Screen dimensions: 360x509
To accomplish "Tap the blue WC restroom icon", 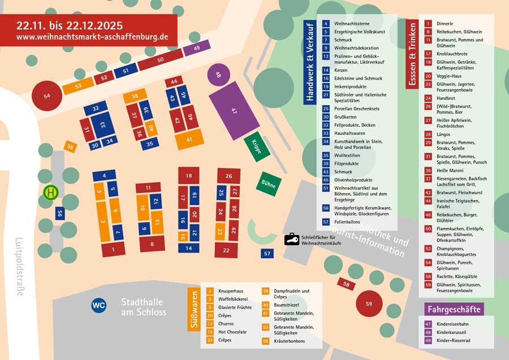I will click(x=98, y=306).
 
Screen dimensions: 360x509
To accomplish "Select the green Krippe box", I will click(x=256, y=148).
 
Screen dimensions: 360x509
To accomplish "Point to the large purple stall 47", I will click(x=234, y=111).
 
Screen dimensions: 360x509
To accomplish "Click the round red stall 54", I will click(x=47, y=96).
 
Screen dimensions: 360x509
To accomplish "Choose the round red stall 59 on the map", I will click(x=369, y=304).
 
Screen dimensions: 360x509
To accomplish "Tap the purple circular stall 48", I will click(x=218, y=74).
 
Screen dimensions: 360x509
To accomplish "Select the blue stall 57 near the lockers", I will click(x=267, y=254).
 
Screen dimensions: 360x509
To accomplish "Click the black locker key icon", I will click(x=291, y=239).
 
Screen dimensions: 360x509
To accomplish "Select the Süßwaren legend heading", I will click(x=192, y=310).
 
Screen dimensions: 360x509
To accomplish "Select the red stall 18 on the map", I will click(x=188, y=176).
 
